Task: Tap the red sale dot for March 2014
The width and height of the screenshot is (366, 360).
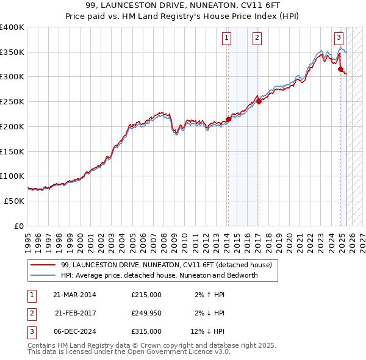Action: (x=228, y=119)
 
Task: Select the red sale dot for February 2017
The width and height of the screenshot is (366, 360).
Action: (x=259, y=102)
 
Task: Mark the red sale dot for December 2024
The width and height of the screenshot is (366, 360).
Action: (x=340, y=69)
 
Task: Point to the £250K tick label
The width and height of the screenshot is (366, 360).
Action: (x=12, y=102)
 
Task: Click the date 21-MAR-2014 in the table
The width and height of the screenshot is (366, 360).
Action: (x=74, y=295)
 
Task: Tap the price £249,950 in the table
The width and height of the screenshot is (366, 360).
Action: (x=146, y=313)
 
